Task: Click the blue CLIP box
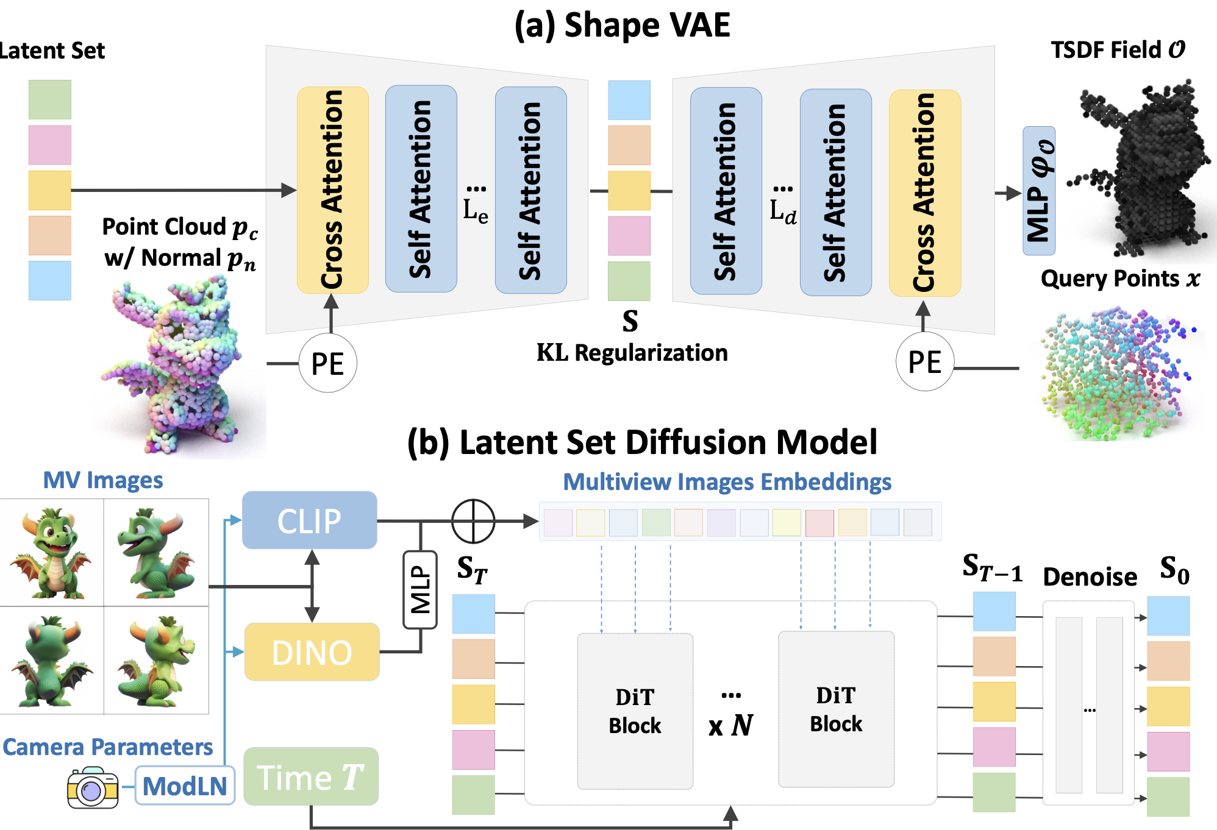point(309,520)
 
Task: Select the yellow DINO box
point(312,651)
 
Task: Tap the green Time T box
point(310,776)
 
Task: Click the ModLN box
point(185,786)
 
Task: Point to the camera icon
point(93,788)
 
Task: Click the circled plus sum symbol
point(473,521)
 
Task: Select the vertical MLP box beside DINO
point(420,589)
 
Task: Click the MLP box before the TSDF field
point(1039,191)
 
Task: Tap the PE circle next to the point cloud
point(327,363)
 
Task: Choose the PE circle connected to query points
point(924,362)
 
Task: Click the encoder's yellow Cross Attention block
point(332,190)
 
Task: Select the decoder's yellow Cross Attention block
point(924,193)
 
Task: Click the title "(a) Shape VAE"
point(622,25)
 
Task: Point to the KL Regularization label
point(632,353)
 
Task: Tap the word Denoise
point(1090,576)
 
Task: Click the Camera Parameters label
point(108,747)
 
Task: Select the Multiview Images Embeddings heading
point(727,481)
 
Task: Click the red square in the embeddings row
point(819,523)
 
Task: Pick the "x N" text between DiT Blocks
point(730,725)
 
